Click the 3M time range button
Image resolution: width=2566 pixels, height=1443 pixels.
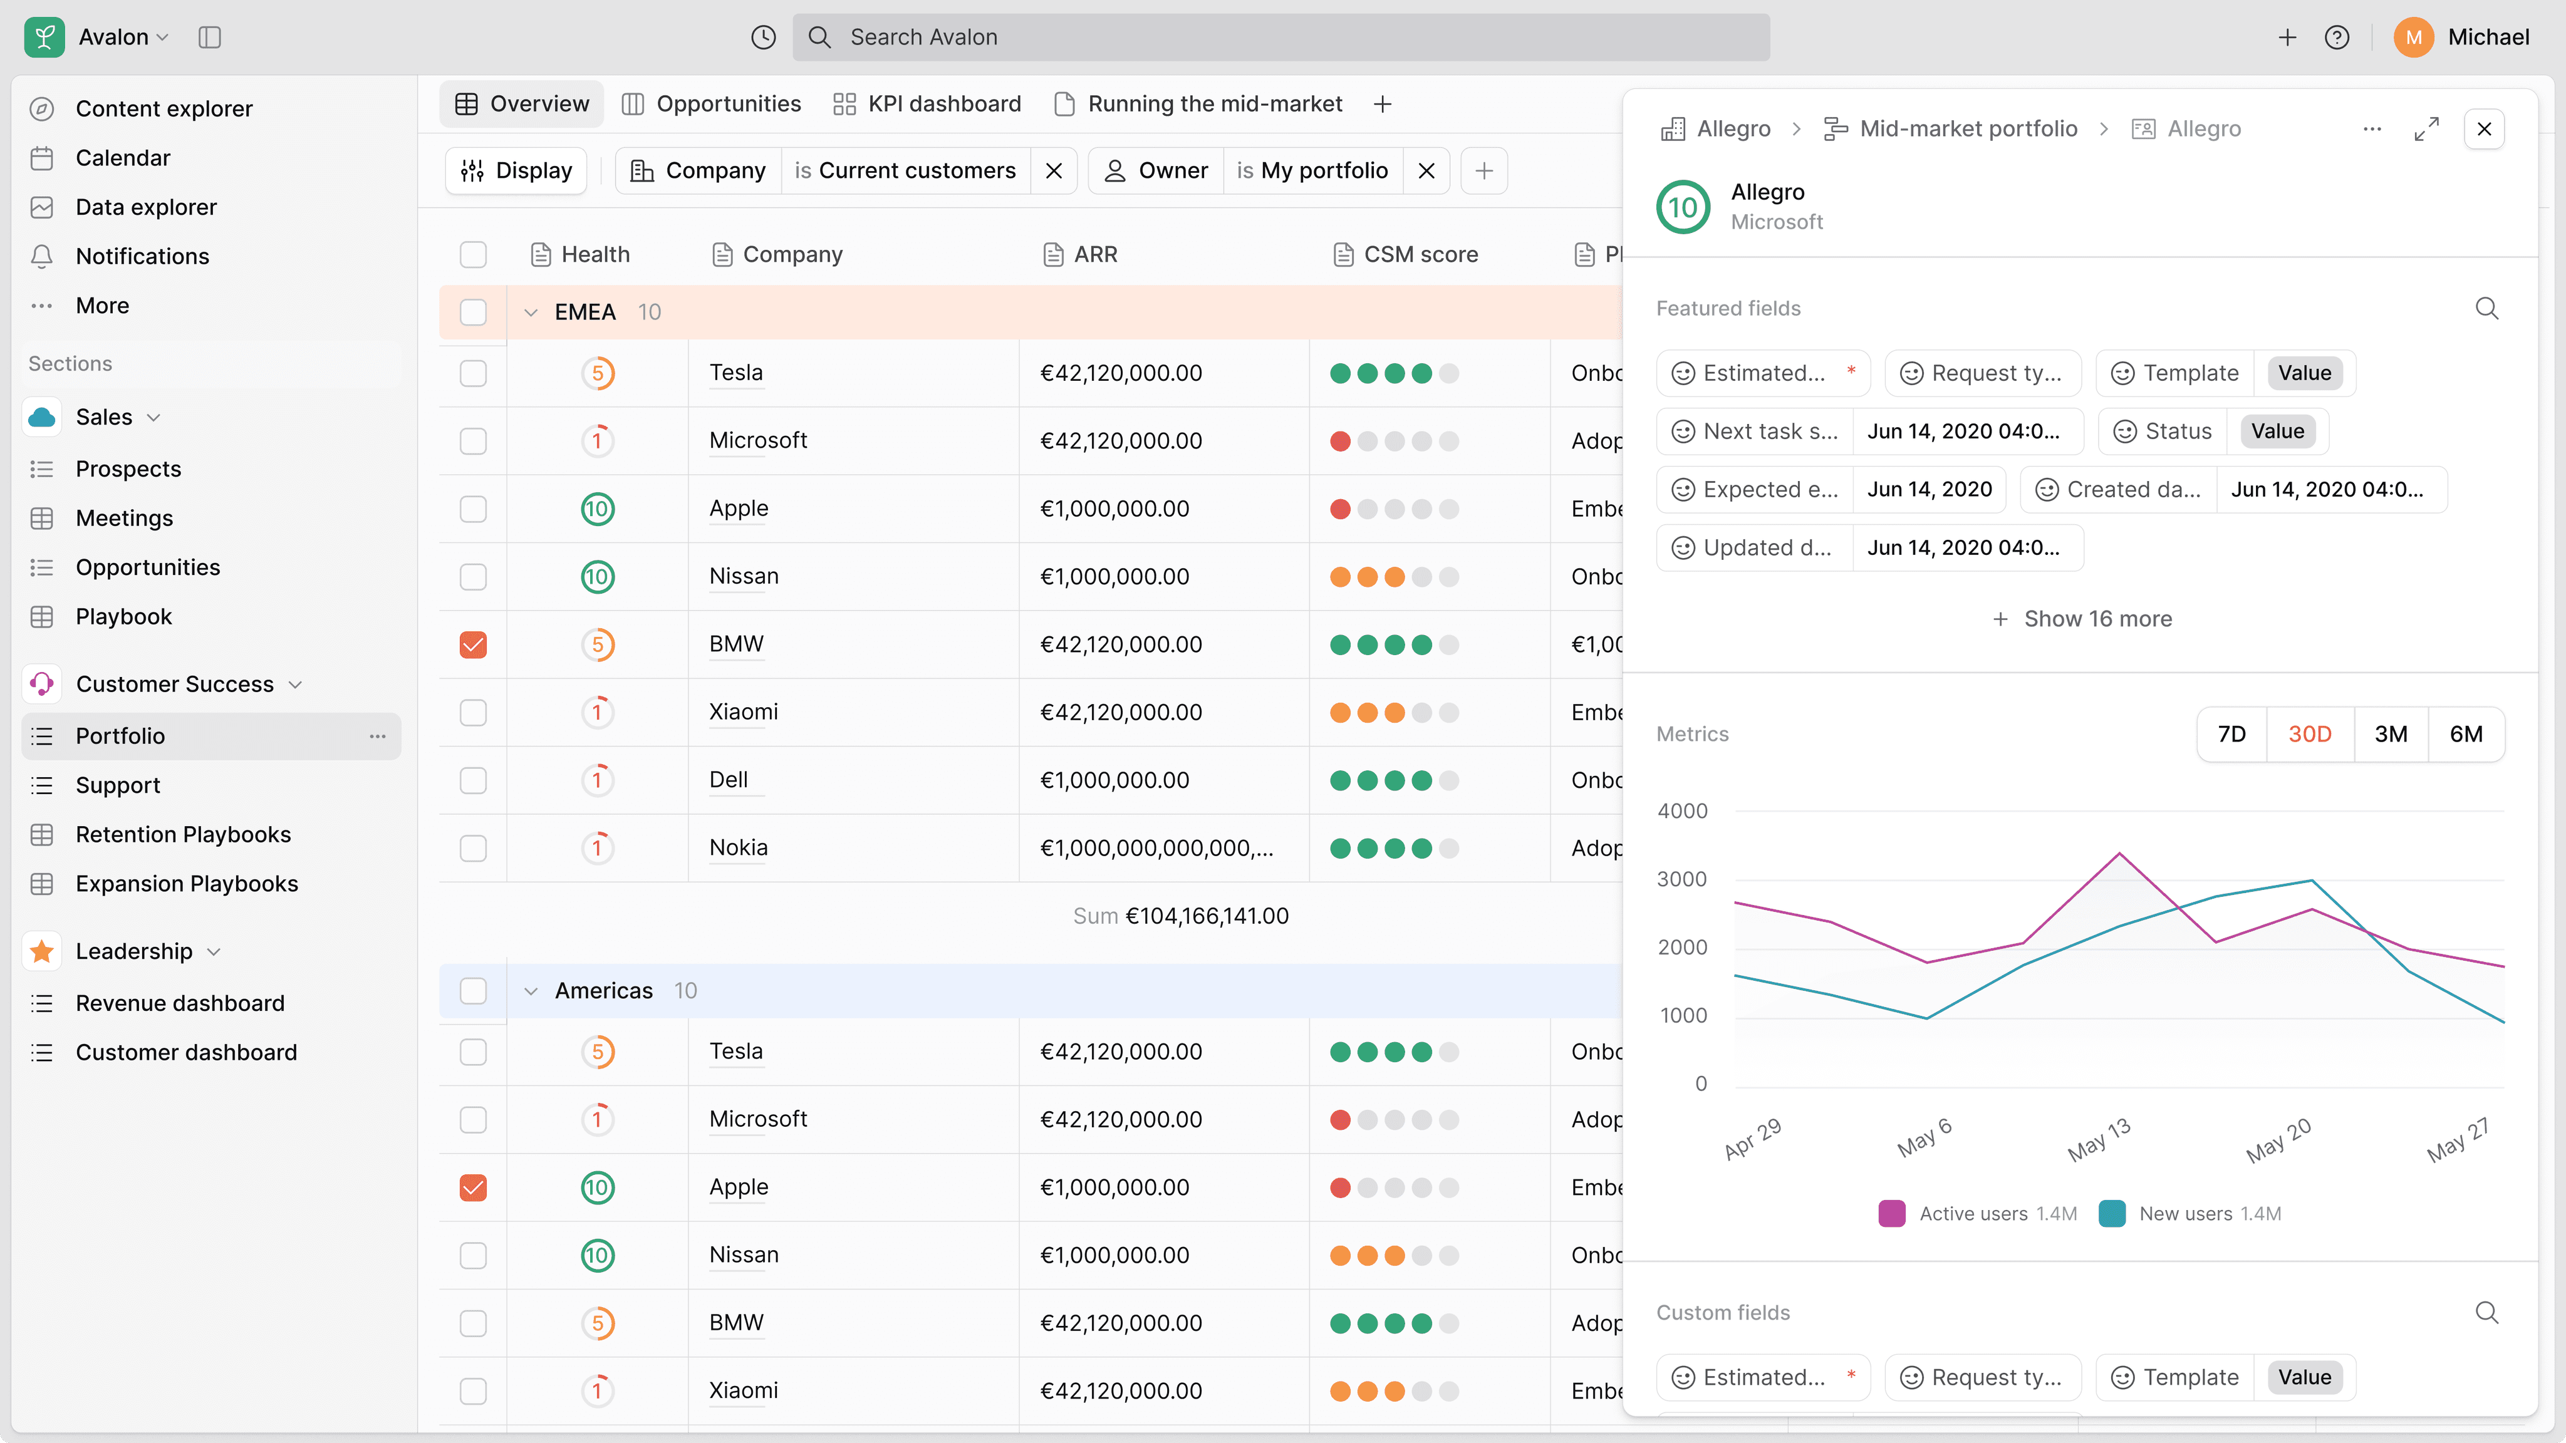coord(2391,734)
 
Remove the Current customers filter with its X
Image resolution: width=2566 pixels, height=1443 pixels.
coord(1054,171)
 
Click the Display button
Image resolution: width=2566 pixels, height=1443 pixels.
coord(516,171)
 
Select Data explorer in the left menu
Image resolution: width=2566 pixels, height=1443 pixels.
coord(145,207)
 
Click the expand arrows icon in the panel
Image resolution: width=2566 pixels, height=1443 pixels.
coord(2426,128)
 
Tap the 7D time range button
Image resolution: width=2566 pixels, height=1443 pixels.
coord(2231,734)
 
